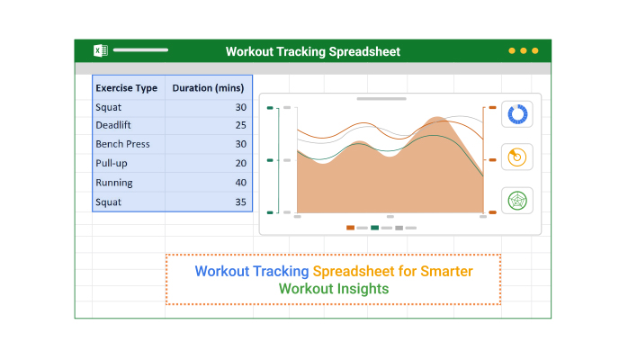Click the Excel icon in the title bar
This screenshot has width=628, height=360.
pyautogui.click(x=101, y=50)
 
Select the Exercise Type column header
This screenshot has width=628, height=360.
pyautogui.click(x=127, y=88)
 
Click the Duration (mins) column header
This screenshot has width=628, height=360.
pyautogui.click(x=208, y=88)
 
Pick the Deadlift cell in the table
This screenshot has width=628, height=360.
pyautogui.click(x=113, y=125)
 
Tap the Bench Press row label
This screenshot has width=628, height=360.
pyautogui.click(x=122, y=144)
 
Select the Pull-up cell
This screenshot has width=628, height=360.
pyautogui.click(x=112, y=164)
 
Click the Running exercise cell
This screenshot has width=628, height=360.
pyautogui.click(x=114, y=183)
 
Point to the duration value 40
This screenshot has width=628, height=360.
pyautogui.click(x=241, y=183)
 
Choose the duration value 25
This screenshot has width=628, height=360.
pyautogui.click(x=241, y=125)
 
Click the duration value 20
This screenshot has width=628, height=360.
pyautogui.click(x=241, y=164)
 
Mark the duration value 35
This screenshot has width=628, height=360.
pyautogui.click(x=241, y=202)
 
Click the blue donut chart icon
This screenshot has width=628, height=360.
pyautogui.click(x=517, y=114)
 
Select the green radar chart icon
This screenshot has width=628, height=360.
pyautogui.click(x=517, y=201)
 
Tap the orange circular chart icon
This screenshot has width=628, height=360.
pyautogui.click(x=517, y=157)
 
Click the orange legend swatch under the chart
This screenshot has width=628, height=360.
pyautogui.click(x=351, y=228)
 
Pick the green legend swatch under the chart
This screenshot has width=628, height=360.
pyautogui.click(x=375, y=228)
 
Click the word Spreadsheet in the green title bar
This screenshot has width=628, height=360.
pyautogui.click(x=364, y=51)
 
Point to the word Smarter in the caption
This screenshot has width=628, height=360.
pyautogui.click(x=446, y=271)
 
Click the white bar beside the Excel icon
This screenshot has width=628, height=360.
pyautogui.click(x=140, y=50)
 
